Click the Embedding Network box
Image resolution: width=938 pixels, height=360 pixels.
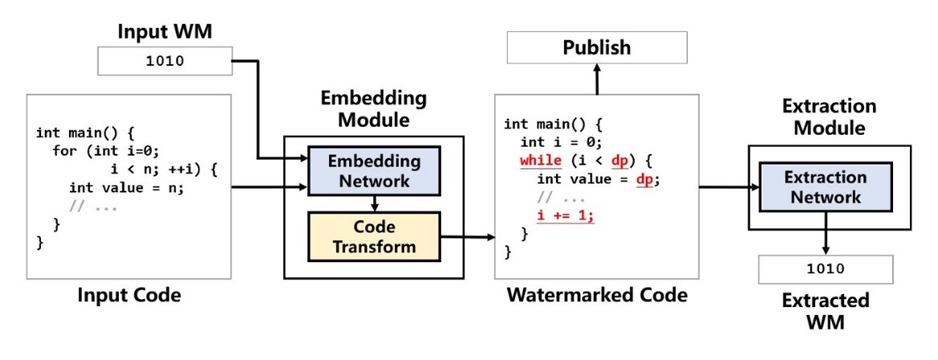click(x=374, y=171)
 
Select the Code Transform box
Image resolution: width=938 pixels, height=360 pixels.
click(x=374, y=236)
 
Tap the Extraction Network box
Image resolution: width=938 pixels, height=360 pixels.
click(x=825, y=187)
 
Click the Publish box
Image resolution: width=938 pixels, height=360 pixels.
click(x=596, y=47)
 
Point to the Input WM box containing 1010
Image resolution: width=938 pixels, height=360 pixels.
click(x=164, y=61)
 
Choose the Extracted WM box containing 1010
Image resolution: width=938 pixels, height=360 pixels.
click(x=825, y=269)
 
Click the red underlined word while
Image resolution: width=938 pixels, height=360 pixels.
click(x=541, y=161)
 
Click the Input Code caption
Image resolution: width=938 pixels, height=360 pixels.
click(x=129, y=296)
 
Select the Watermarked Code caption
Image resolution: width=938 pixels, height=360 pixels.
click(x=596, y=295)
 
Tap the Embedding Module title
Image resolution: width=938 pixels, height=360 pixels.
click(x=374, y=110)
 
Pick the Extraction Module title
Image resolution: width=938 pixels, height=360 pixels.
click(x=830, y=117)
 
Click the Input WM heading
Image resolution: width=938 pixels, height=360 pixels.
click(x=164, y=31)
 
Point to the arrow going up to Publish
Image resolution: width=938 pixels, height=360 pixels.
click(x=596, y=77)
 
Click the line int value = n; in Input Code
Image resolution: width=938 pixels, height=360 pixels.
click(x=127, y=188)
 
